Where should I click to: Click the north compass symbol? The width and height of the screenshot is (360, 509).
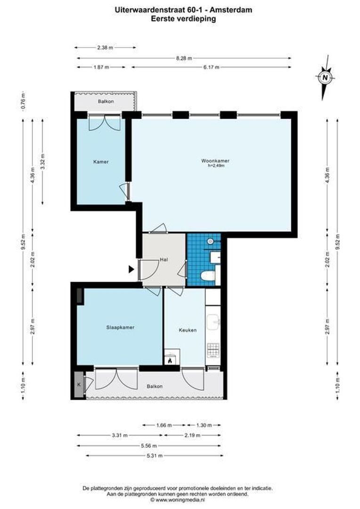pos(325,77)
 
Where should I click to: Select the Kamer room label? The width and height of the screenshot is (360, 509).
pos(101,162)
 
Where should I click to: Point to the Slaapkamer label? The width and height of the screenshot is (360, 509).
pos(117,327)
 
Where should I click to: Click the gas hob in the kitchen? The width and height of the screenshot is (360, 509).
pos(213,350)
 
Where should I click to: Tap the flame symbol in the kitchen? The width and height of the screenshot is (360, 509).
pos(170,361)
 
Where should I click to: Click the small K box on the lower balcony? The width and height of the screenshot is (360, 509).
pos(78,385)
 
